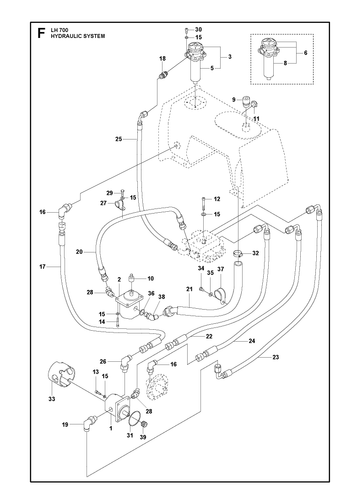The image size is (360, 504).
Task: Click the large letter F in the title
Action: [41, 33]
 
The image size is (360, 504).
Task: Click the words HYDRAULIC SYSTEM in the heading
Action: [78, 36]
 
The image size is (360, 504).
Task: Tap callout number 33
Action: [52, 399]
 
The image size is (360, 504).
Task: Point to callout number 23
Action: [275, 357]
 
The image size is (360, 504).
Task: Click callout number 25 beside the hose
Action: [119, 139]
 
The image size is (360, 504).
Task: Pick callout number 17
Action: [42, 267]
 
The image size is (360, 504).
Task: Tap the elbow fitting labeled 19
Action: [88, 422]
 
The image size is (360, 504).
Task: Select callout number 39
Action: [143, 437]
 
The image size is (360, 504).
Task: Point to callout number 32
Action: [256, 253]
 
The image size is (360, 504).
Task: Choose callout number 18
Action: [162, 59]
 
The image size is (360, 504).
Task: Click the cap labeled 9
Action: [246, 101]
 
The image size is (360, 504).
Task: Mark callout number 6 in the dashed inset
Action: [305, 53]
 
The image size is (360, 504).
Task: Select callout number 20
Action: [79, 252]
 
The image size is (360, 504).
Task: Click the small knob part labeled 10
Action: [132, 279]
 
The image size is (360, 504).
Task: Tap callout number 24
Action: [252, 341]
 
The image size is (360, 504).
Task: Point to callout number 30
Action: [199, 29]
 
